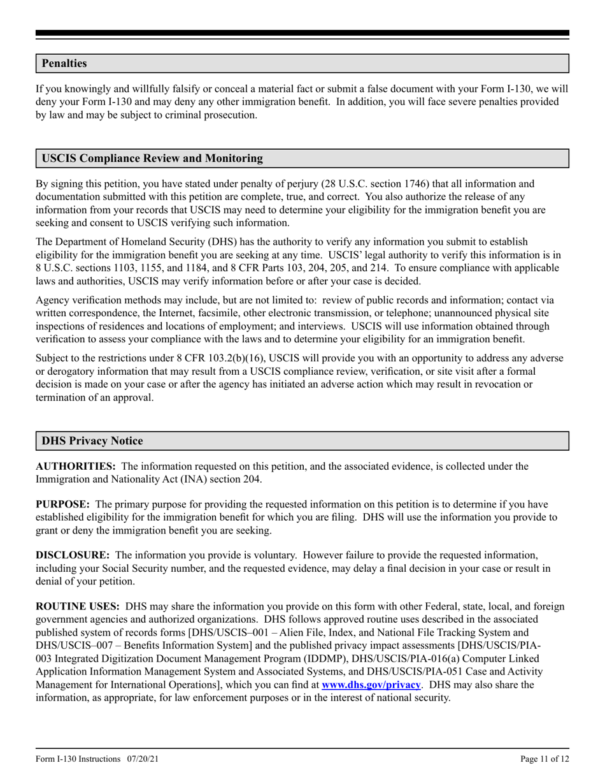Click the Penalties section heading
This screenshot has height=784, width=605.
(64, 64)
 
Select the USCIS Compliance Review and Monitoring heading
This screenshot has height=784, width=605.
(152, 159)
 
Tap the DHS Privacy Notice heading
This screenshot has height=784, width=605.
(92, 441)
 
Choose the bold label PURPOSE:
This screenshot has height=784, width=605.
(62, 504)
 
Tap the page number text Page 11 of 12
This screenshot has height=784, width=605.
(544, 759)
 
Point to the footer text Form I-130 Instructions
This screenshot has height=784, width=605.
(78, 759)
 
